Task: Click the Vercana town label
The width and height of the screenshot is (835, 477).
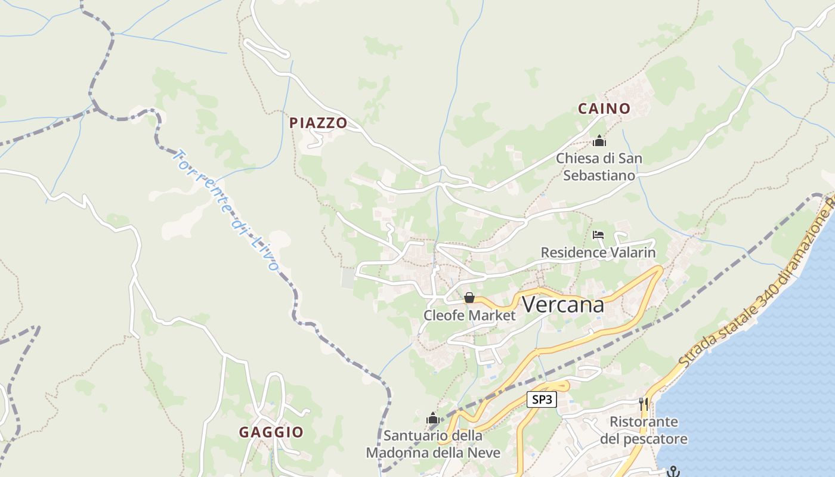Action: tap(563, 305)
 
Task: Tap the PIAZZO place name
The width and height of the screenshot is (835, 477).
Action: tap(318, 123)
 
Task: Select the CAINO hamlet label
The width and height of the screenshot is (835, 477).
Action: tap(604, 109)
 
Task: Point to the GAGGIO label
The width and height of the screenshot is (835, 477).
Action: tap(271, 432)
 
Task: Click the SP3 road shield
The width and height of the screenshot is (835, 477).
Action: tap(542, 399)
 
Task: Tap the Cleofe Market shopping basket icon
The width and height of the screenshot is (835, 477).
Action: tap(469, 297)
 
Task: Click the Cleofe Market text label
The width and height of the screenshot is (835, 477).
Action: tap(469, 315)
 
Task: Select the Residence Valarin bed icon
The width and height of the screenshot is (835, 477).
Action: tap(598, 235)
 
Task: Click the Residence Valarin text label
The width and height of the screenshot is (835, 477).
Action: tap(598, 252)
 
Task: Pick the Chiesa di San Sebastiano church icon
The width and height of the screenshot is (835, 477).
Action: tap(599, 141)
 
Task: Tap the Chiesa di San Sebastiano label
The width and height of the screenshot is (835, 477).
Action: tap(599, 167)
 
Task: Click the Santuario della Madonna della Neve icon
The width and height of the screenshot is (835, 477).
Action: tap(433, 419)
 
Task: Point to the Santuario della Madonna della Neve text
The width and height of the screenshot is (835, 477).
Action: tap(433, 444)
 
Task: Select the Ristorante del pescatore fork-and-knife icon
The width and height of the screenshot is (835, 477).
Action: tap(644, 404)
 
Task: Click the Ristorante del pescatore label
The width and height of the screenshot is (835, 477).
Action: tap(644, 430)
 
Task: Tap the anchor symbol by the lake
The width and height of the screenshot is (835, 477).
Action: tap(673, 472)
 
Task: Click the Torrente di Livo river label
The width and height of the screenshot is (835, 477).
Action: tap(225, 210)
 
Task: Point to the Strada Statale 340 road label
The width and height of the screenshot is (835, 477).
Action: tap(757, 281)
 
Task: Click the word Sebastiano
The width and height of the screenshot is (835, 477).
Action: tap(599, 176)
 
